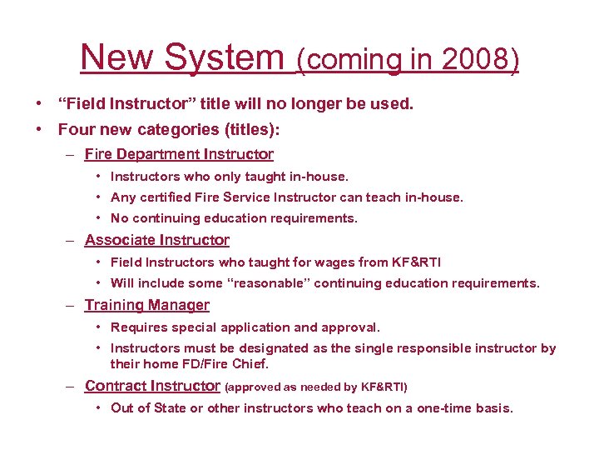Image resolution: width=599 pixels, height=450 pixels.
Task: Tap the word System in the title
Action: coord(225,58)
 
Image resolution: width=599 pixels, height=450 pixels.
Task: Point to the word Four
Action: coord(77,130)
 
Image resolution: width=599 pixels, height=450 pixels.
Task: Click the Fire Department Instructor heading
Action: coord(179,154)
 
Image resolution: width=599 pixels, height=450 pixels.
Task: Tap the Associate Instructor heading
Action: coord(157,240)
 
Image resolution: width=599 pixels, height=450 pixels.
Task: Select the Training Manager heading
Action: coord(147,306)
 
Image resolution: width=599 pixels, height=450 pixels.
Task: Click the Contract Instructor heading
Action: coord(152,386)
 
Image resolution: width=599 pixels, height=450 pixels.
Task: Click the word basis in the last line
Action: coord(494,408)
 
